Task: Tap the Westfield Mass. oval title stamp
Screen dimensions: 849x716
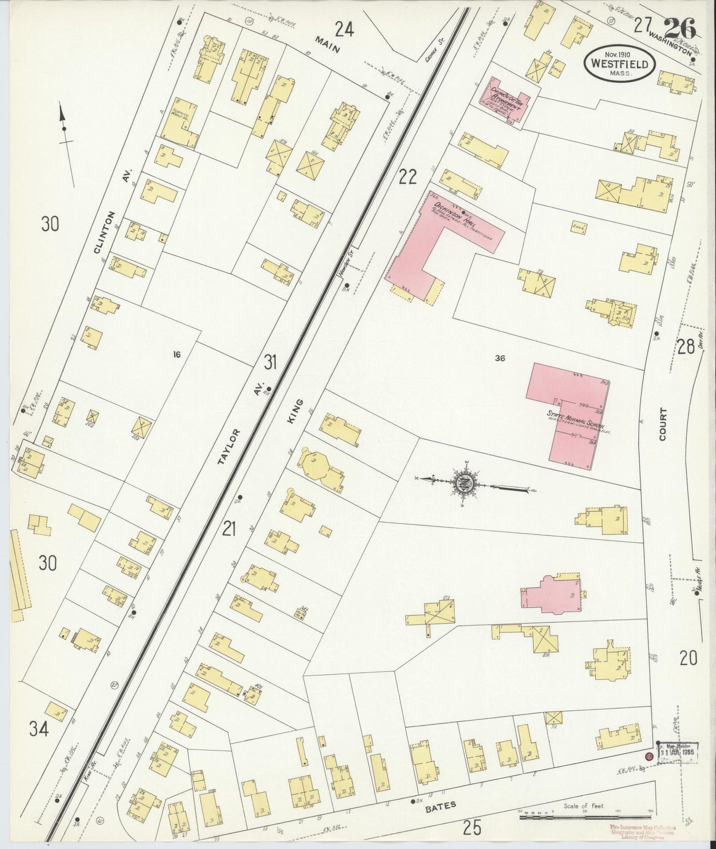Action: click(620, 63)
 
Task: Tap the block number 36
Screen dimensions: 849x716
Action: click(499, 358)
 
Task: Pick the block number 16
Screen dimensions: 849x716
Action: click(176, 354)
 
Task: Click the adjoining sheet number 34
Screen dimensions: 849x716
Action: click(38, 729)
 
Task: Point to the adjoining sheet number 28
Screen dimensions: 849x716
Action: click(686, 347)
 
